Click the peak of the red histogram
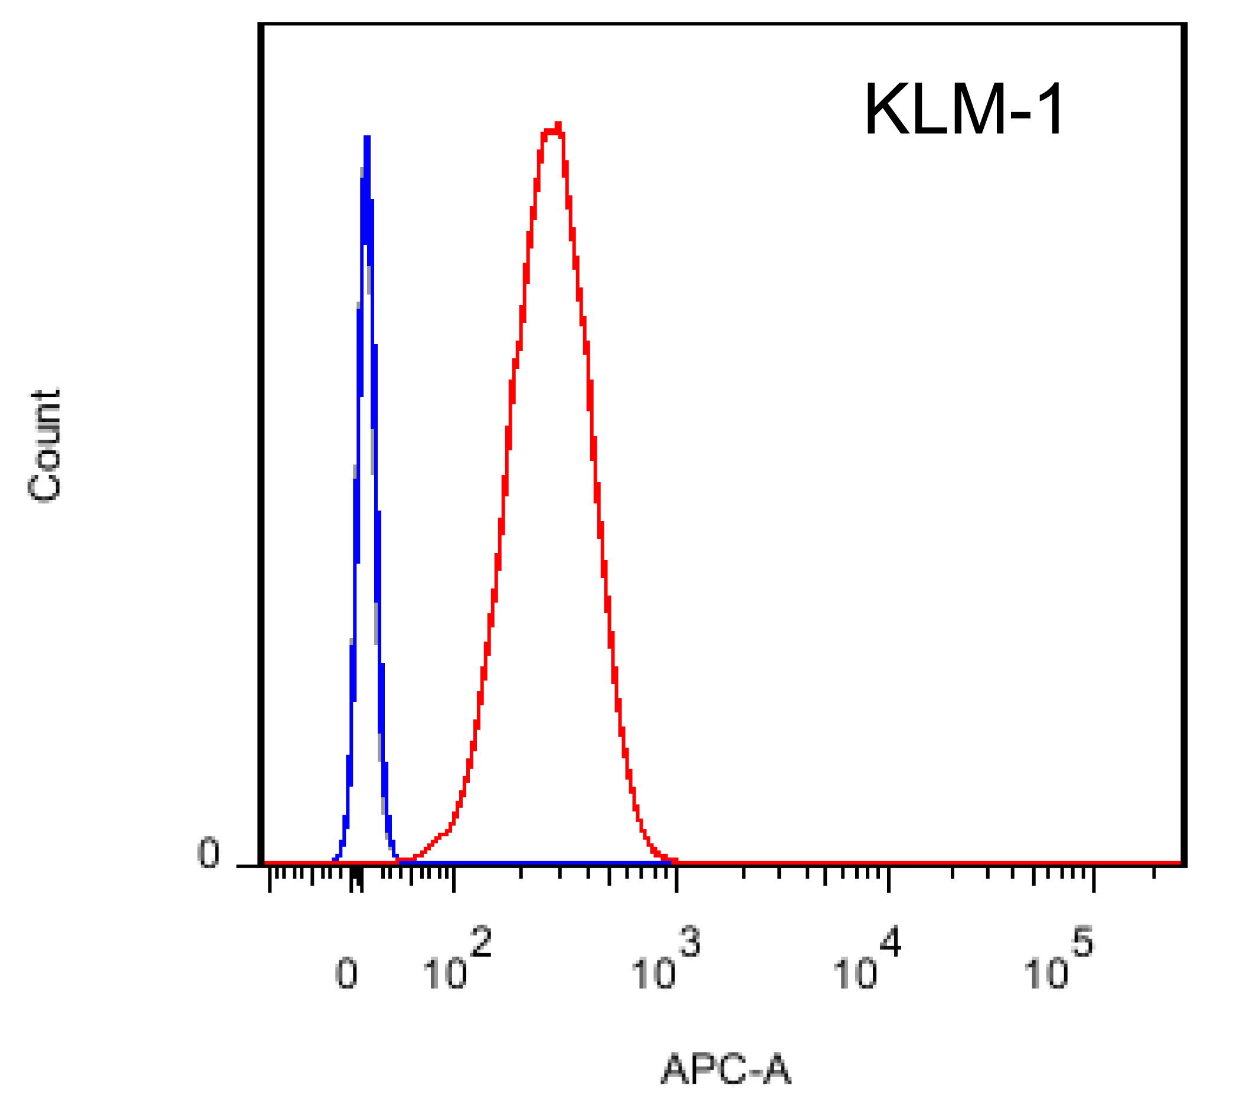[x=557, y=127]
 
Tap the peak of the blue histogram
[x=367, y=139]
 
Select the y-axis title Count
[x=45, y=445]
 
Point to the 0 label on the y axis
[x=208, y=853]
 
